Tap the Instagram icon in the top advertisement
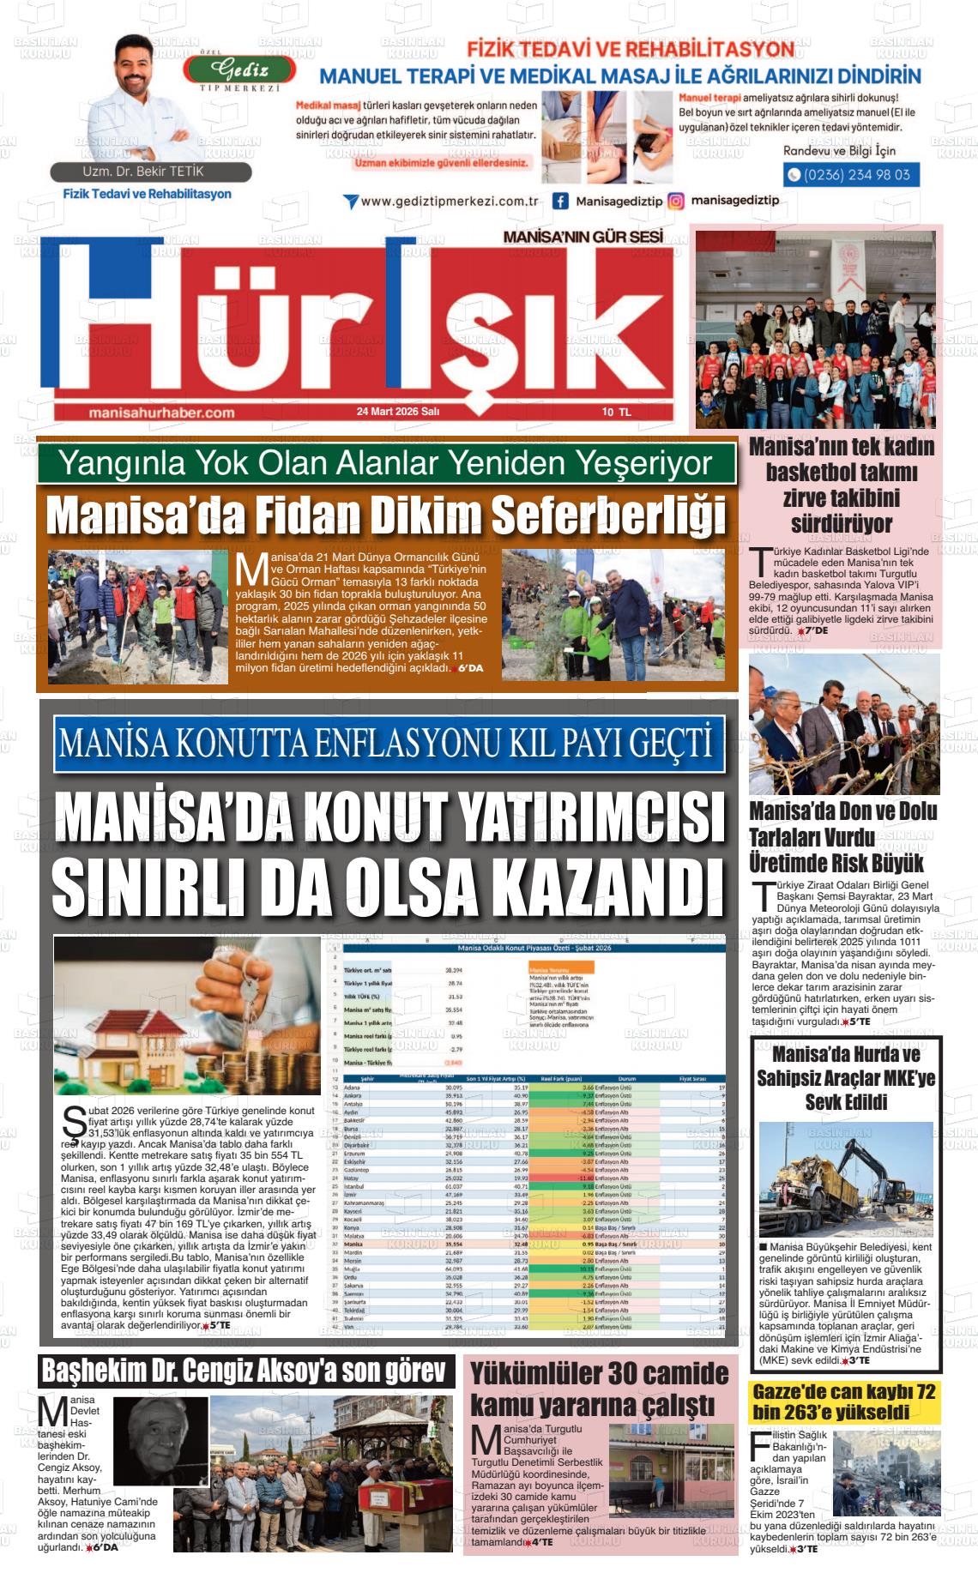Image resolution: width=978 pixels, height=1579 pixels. tap(676, 202)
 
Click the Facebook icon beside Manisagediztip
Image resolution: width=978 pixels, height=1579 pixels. tap(560, 202)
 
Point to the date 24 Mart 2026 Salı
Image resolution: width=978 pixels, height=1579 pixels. tap(398, 412)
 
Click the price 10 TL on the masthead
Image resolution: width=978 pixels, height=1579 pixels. tap(615, 412)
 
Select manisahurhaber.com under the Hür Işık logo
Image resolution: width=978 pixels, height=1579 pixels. tap(161, 413)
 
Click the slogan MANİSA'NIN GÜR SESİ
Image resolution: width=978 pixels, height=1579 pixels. tap(583, 236)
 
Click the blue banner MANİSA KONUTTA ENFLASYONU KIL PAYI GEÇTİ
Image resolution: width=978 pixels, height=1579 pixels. tap(386, 744)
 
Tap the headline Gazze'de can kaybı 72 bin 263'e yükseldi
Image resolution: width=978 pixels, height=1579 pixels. tap(843, 1401)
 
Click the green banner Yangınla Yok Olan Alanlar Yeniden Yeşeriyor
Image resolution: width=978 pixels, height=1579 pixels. tap(385, 464)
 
